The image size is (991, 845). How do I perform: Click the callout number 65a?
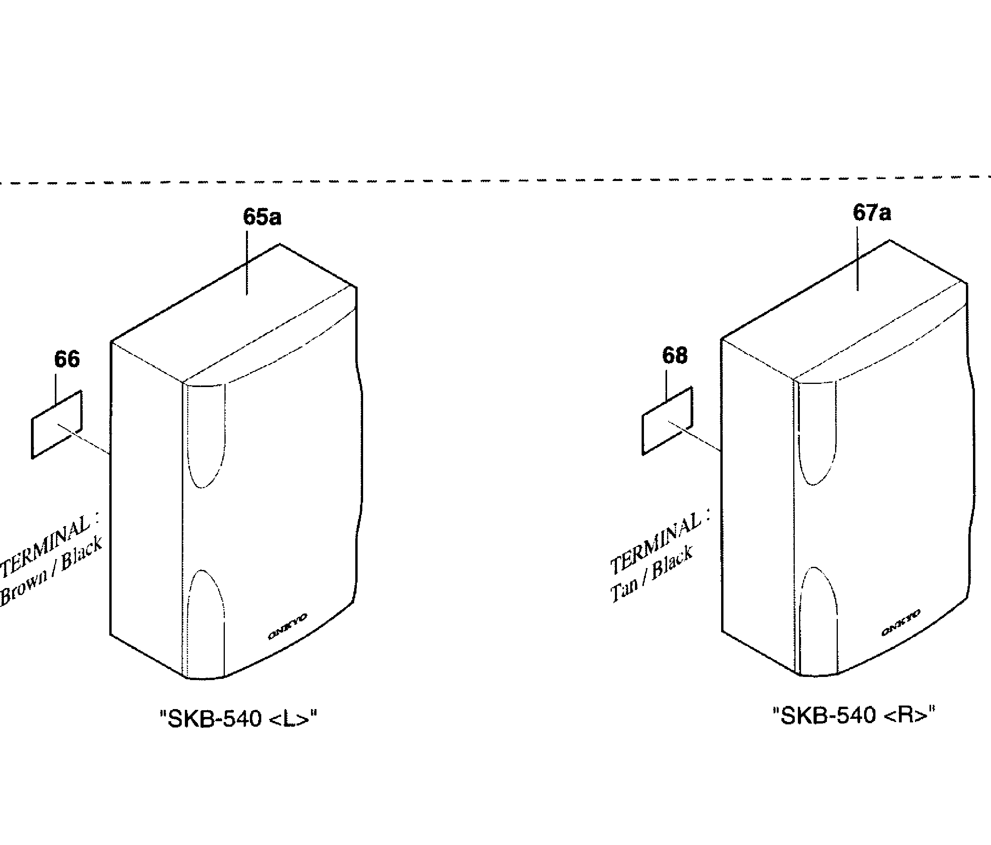(x=262, y=217)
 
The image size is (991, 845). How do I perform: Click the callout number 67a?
(x=872, y=213)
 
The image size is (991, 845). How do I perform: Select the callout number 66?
(x=67, y=359)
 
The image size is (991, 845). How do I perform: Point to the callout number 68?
(x=675, y=355)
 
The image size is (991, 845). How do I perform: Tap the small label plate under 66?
(x=56, y=425)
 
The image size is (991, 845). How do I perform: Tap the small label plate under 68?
(x=667, y=421)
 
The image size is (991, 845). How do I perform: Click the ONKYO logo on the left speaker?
(x=288, y=626)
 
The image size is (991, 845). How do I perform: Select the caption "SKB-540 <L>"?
(x=238, y=719)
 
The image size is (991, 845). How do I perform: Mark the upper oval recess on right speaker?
(x=817, y=433)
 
